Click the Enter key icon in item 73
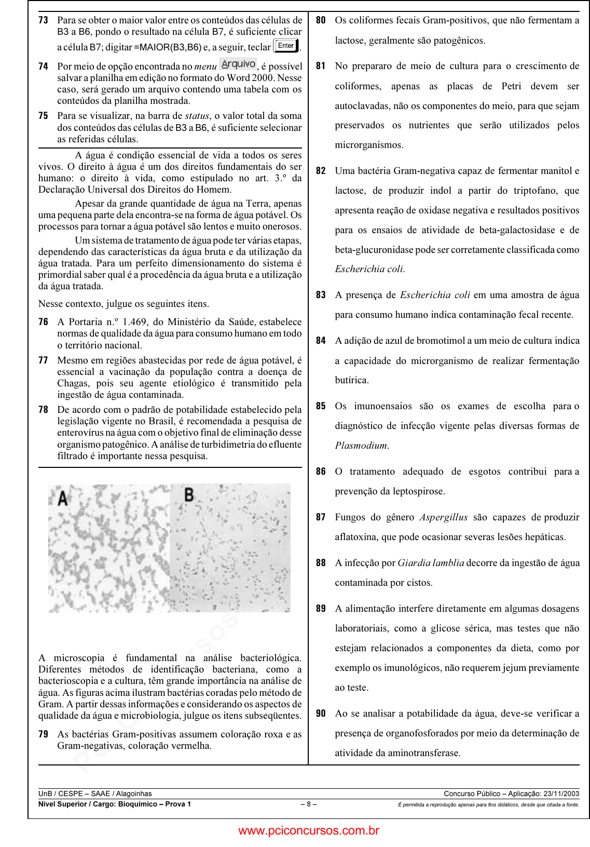tap(286, 46)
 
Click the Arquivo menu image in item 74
tap(238, 64)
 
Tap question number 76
tap(43, 322)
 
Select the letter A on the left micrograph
tap(62, 498)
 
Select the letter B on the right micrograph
tap(189, 494)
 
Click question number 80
tap(321, 20)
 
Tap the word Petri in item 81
tap(515, 86)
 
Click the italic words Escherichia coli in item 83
tap(435, 295)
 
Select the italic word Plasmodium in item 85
tap(361, 446)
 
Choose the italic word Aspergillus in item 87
tap(443, 517)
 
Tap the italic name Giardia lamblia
tap(431, 563)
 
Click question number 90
tap(321, 714)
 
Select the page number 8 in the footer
tap(308, 804)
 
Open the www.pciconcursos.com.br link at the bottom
tap(309, 830)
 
